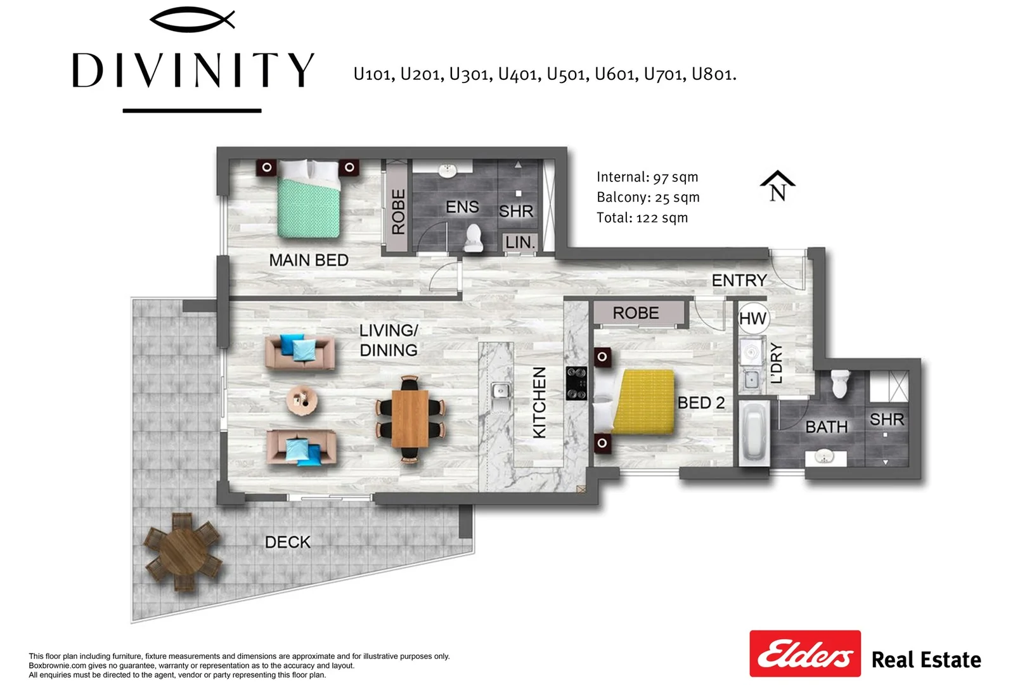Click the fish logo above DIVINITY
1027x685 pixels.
click(x=192, y=20)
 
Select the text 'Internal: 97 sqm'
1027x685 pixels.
click(x=647, y=178)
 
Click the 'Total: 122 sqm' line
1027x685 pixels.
click(x=642, y=218)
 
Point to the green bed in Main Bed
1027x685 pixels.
click(x=310, y=200)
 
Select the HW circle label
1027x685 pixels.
click(x=753, y=318)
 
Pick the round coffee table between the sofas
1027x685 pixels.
click(x=302, y=400)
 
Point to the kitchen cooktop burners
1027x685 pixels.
click(x=576, y=384)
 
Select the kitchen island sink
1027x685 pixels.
click(x=501, y=391)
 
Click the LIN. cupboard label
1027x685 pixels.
click(x=520, y=242)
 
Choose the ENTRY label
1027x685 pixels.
click(x=739, y=280)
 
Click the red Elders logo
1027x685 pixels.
click(x=804, y=653)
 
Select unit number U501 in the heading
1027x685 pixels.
click(x=568, y=75)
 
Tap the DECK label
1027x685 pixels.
click(x=288, y=542)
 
